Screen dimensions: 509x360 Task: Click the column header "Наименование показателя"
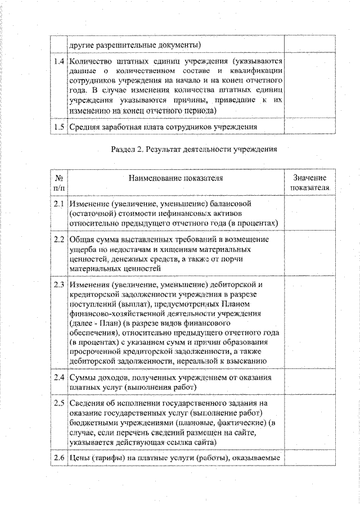click(x=175, y=178)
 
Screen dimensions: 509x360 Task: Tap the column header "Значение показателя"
click(x=309, y=182)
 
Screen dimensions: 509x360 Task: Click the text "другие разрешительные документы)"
click(x=135, y=44)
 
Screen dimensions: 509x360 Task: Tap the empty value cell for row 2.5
click(x=309, y=423)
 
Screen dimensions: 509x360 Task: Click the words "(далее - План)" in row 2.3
click(x=95, y=325)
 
